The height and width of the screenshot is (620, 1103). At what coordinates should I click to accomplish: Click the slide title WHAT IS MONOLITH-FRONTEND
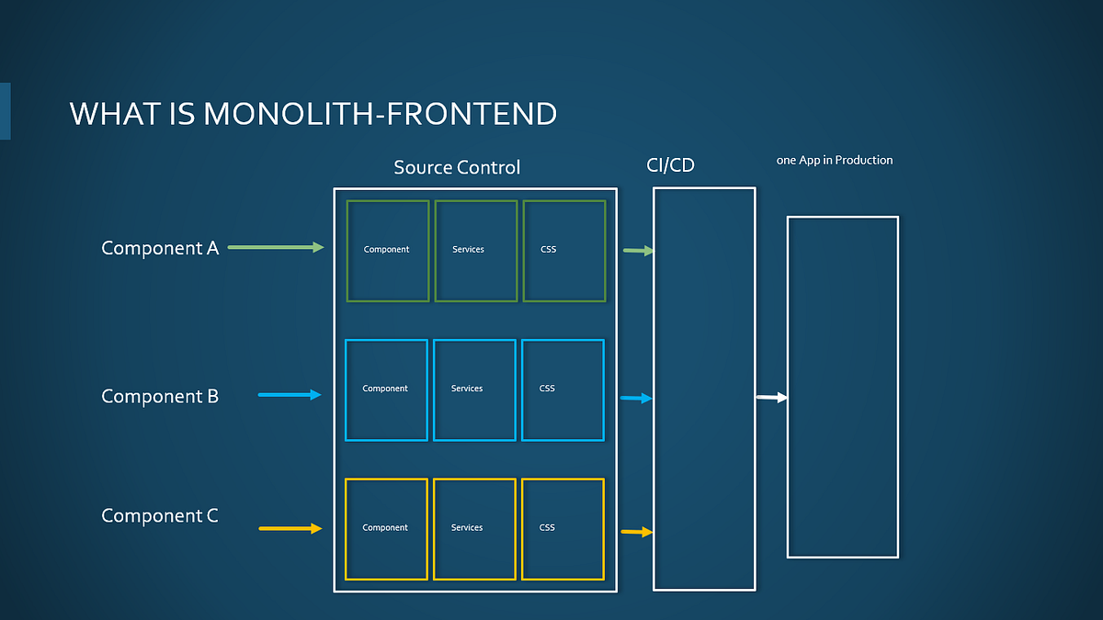[313, 114]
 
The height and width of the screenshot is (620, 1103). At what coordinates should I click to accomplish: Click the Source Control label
[457, 167]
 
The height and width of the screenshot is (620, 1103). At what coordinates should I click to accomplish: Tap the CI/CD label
[670, 166]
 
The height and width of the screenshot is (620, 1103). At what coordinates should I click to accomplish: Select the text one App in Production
[835, 160]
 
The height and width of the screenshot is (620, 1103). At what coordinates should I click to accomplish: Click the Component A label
[160, 248]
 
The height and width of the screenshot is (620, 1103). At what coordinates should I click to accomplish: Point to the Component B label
[160, 396]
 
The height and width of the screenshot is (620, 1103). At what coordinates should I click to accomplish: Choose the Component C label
[160, 515]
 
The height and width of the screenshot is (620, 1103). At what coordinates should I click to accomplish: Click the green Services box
[476, 251]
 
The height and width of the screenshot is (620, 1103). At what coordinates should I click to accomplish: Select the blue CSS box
[563, 390]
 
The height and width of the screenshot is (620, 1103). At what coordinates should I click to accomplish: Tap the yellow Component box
[386, 529]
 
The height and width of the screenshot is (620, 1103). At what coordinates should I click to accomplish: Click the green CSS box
[564, 251]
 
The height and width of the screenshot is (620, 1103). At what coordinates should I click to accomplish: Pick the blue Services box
[474, 390]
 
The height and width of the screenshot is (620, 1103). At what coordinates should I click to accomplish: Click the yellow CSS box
[563, 529]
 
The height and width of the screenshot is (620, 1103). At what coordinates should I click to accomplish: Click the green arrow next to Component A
[276, 247]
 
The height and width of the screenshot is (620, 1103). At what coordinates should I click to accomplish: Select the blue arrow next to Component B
[290, 395]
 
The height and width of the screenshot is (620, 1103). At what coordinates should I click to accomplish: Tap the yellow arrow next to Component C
[290, 528]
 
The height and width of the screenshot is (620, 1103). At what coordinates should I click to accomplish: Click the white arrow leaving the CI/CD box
[771, 397]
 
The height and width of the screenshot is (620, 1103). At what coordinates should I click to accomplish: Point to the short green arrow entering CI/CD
[638, 250]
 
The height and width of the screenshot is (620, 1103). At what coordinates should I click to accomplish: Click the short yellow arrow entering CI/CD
[636, 532]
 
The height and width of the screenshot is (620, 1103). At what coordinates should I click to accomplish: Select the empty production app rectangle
[842, 387]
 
